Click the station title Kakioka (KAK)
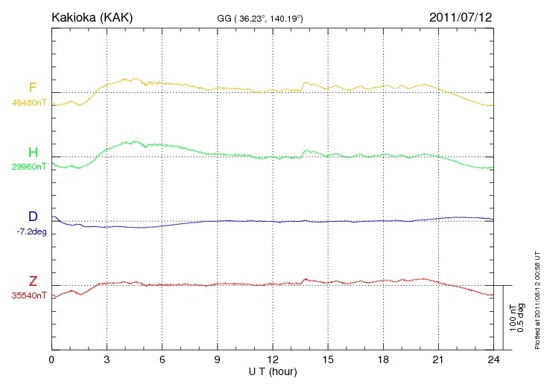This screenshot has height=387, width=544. click(x=92, y=16)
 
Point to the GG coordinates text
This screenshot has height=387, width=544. click(x=259, y=18)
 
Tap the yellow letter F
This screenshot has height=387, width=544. click(x=33, y=88)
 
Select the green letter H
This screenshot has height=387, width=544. click(x=33, y=152)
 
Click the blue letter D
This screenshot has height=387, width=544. click(x=33, y=217)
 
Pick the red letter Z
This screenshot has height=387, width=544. click(x=33, y=281)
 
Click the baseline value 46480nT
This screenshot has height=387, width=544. click(x=28, y=103)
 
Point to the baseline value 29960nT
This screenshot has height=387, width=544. click(x=28, y=167)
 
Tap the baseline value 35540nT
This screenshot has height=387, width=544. click(x=28, y=295)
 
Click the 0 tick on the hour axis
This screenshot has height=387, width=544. click(x=51, y=359)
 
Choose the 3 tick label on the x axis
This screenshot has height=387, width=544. click(x=107, y=359)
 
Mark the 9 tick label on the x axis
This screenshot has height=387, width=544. click(x=218, y=359)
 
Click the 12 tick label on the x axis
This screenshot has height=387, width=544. click(x=273, y=359)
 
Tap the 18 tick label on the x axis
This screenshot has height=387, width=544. click(x=383, y=359)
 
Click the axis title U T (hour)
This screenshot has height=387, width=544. click(x=273, y=371)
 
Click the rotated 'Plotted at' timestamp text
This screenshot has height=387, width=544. click(x=537, y=298)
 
